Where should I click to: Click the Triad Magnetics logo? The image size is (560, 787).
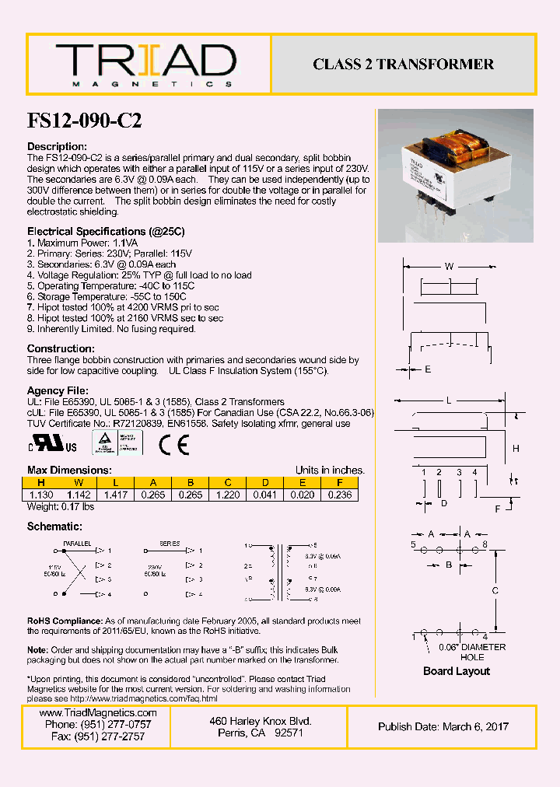coord(145,65)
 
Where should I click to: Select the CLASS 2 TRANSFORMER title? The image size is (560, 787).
coord(403,65)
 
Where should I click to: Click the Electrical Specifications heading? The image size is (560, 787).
coord(106,232)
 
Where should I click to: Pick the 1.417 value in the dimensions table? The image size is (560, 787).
coord(117,495)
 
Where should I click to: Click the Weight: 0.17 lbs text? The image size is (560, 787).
coord(61,507)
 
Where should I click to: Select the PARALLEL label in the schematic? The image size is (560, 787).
coord(77,544)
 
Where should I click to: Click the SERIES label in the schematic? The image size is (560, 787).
coord(170,544)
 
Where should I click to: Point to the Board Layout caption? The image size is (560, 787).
coord(457,671)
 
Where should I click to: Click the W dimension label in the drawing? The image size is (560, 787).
coord(449,267)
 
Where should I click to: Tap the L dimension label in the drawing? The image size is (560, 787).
coord(449,400)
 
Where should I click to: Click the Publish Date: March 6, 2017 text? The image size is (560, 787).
coord(443,726)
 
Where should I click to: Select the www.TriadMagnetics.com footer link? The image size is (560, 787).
coord(98,713)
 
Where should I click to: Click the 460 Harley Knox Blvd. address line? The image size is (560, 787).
coord(261,722)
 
